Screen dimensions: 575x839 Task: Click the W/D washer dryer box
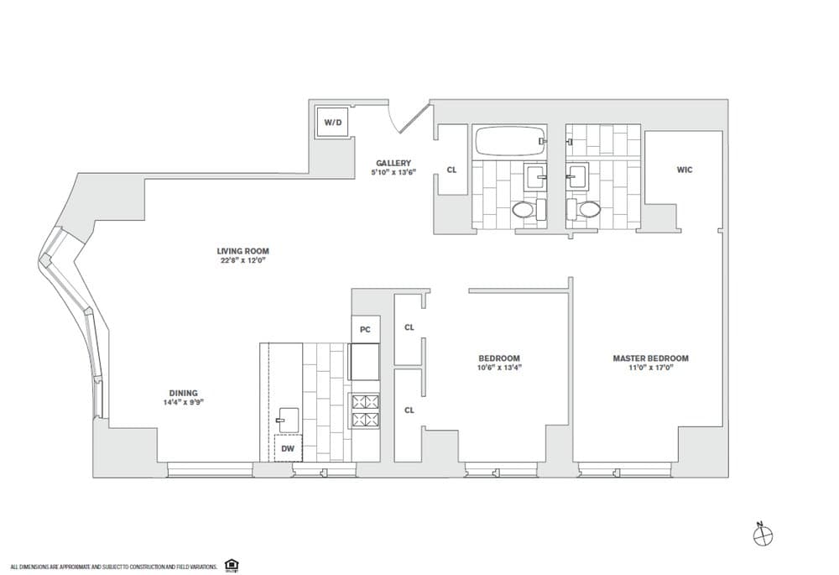[333, 123]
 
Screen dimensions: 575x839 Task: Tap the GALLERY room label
[393, 163]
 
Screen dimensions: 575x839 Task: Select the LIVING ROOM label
[242, 251]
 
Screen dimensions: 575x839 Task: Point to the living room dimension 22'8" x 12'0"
[242, 260]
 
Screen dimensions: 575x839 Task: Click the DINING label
[182, 393]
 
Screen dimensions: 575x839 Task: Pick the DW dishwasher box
[288, 449]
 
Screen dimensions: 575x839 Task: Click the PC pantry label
[365, 330]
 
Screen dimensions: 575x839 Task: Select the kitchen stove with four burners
[365, 410]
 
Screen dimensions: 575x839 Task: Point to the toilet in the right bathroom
[585, 209]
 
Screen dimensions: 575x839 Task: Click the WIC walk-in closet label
[685, 170]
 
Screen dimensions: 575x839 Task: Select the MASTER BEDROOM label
[650, 358]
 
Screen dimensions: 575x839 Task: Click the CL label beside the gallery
[451, 170]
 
